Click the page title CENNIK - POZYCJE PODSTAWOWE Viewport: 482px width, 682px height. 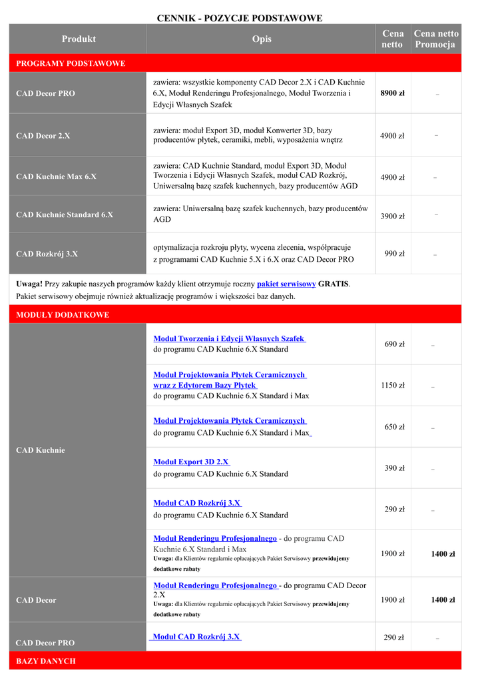click(x=240, y=18)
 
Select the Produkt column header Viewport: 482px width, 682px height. click(x=79, y=39)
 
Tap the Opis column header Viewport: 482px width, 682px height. click(x=262, y=39)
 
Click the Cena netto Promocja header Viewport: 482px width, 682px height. click(x=435, y=39)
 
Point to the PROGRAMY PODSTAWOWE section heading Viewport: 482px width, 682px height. click(x=71, y=63)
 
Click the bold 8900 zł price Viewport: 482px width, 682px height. click(x=392, y=93)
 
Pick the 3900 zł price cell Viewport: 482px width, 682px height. click(x=392, y=216)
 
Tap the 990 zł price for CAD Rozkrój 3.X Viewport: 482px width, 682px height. click(x=394, y=254)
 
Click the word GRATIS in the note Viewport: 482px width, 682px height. click(x=334, y=284)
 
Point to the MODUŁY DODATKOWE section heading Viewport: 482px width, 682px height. click(x=63, y=314)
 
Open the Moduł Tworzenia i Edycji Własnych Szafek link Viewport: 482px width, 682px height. click(x=229, y=339)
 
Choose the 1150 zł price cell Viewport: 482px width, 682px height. click(x=392, y=386)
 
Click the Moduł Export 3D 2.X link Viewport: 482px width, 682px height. click(x=191, y=462)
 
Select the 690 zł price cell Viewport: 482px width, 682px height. click(x=394, y=344)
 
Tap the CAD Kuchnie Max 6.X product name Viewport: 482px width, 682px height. click(x=56, y=177)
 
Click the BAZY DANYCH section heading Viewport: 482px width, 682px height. click(x=46, y=661)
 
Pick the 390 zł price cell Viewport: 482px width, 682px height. click(x=394, y=468)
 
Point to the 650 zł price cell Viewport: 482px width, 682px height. click(x=394, y=427)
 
